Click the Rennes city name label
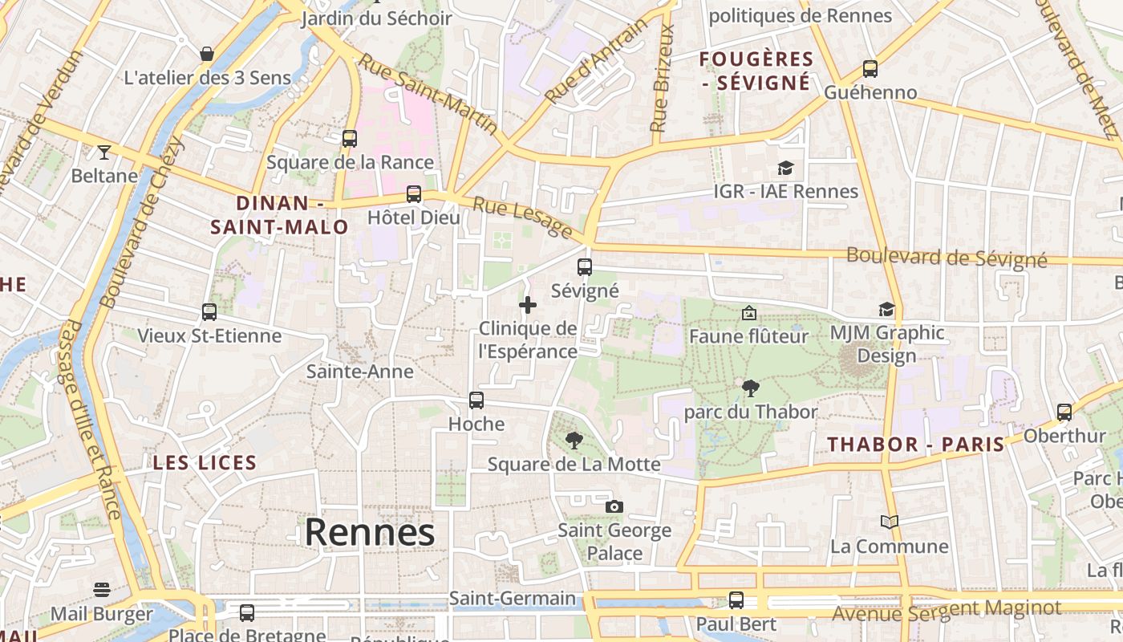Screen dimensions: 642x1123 pyautogui.click(x=370, y=533)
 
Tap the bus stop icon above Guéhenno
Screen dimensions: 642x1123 pyautogui.click(x=870, y=69)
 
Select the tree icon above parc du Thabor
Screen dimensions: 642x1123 pyautogui.click(x=751, y=388)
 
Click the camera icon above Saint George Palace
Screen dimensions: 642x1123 pyautogui.click(x=614, y=506)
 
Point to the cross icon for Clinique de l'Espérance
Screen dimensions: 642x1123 pyautogui.click(x=528, y=305)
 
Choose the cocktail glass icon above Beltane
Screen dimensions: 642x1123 pyautogui.click(x=104, y=152)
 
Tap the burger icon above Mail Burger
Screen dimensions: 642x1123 pyautogui.click(x=102, y=591)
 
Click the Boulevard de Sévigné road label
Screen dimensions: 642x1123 pyautogui.click(x=947, y=258)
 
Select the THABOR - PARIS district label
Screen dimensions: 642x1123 pyautogui.click(x=915, y=445)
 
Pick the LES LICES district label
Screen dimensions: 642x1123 pyautogui.click(x=205, y=462)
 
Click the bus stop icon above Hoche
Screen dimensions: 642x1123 pyautogui.click(x=476, y=400)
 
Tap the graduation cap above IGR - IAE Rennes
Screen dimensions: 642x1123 pyautogui.click(x=785, y=168)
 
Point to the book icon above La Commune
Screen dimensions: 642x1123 pyautogui.click(x=889, y=522)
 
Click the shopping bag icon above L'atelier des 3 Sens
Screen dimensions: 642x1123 pyautogui.click(x=207, y=54)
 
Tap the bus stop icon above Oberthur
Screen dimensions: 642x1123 pyautogui.click(x=1064, y=412)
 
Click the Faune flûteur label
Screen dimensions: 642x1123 pyautogui.click(x=749, y=336)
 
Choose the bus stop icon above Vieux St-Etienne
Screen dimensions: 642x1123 pyautogui.click(x=209, y=311)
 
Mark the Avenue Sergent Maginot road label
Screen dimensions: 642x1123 pyautogui.click(x=947, y=611)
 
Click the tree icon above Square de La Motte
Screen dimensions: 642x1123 pyautogui.click(x=574, y=440)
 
